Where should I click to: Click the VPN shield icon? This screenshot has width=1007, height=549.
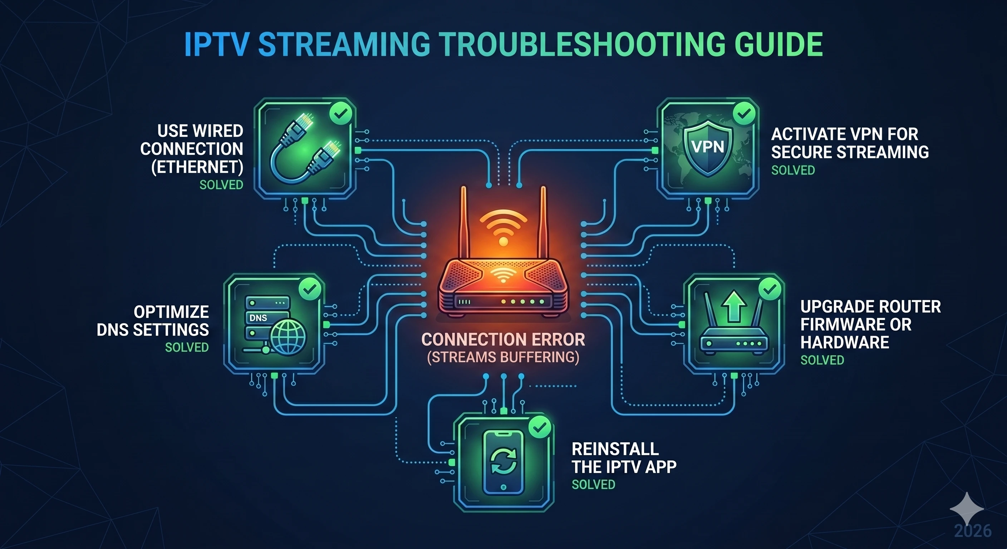coord(708,148)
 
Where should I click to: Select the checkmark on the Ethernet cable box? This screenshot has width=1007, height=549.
coord(341,113)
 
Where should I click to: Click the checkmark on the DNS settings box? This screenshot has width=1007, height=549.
coord(310,289)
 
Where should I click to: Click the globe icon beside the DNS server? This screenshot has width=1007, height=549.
coord(288,337)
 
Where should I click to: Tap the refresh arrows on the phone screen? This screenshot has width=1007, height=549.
coord(503,461)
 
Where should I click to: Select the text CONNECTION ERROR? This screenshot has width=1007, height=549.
coord(503,339)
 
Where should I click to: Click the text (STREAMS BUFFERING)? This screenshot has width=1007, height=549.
coord(503,357)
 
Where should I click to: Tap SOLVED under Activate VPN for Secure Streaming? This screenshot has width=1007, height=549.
coord(793,170)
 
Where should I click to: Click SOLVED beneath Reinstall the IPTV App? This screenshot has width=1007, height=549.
coord(593,485)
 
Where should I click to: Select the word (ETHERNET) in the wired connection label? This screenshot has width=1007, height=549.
coord(197,167)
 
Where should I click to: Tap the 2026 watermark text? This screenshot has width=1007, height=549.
coord(973,531)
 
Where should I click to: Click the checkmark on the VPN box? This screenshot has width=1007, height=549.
coord(744,113)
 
